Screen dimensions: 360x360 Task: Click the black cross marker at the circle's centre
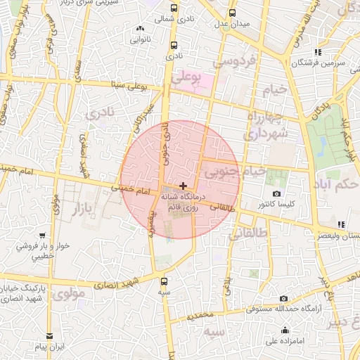[x=184, y=186]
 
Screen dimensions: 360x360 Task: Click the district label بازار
[x=87, y=209]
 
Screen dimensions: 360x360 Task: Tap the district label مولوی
[x=69, y=292]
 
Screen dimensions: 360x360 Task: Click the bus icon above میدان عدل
[x=233, y=13]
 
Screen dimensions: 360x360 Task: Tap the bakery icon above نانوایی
[x=139, y=28]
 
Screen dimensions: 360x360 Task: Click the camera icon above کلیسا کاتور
[x=276, y=193]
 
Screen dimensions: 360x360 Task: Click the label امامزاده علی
[x=283, y=342]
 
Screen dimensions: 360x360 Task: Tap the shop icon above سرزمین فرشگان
[x=318, y=51]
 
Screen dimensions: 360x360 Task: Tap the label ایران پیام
[x=51, y=347]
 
